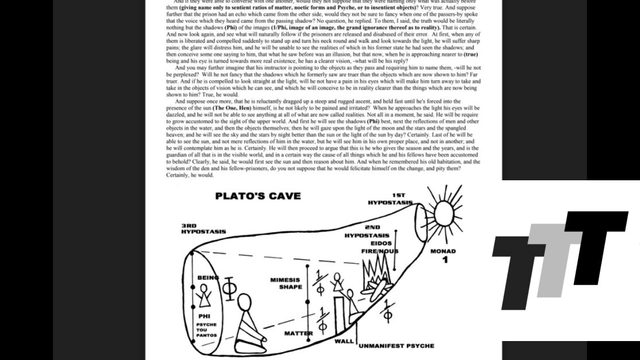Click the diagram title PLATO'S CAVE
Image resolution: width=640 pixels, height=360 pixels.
[x=258, y=196]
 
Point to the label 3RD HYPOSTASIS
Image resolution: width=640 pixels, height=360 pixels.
[x=203, y=229]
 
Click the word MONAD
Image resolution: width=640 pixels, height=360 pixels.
[x=443, y=251]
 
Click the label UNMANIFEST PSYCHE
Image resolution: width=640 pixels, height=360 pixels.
[x=396, y=346]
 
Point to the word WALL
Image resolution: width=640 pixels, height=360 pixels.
[x=344, y=341]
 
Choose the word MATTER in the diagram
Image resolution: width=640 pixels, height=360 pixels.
[x=298, y=333]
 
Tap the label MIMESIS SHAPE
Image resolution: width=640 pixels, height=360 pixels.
[x=285, y=284]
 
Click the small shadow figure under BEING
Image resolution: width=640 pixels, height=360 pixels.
[x=204, y=296]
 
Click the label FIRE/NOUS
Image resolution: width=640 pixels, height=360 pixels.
[x=380, y=251]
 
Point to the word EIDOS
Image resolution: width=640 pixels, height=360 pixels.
[x=381, y=243]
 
